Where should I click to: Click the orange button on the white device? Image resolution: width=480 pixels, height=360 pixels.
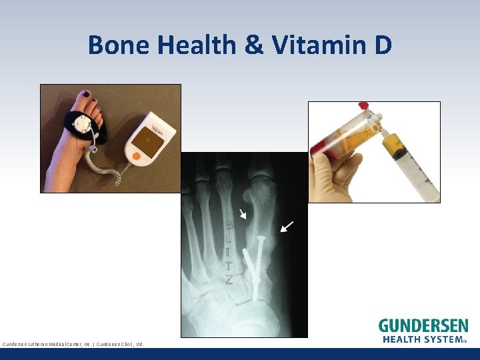tap(137, 157)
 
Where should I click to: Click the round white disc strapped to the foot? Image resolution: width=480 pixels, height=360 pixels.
tap(84, 125)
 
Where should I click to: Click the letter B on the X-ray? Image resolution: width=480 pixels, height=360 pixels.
tap(229, 225)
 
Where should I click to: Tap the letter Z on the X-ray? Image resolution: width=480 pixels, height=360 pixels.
tap(229, 280)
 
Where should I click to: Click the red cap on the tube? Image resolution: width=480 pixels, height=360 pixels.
tap(363, 105)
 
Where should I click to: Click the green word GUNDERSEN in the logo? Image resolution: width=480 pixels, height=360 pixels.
tap(423, 326)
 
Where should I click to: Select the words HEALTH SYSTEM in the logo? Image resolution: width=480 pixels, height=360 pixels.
tap(423, 339)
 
